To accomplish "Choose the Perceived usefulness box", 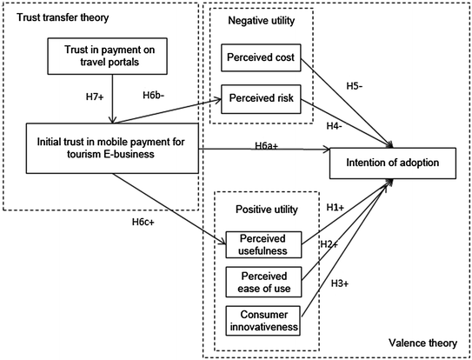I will [263, 245].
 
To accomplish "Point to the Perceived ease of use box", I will [263, 282].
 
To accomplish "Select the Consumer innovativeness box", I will [263, 319].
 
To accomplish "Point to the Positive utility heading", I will [263, 210].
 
